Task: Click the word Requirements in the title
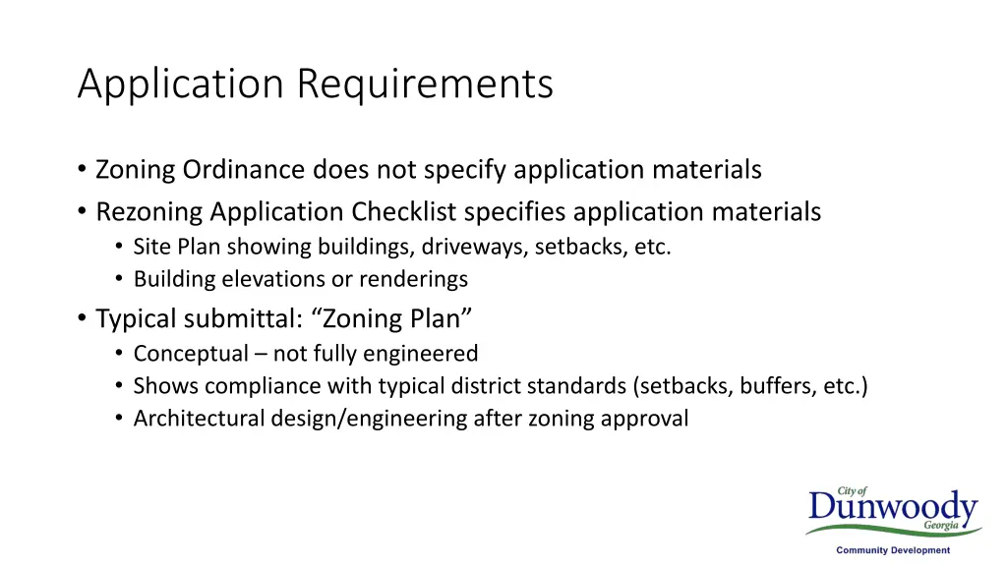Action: [x=425, y=85]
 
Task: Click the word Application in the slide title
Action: [x=182, y=85]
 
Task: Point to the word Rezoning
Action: [x=148, y=211]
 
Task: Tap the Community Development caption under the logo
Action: [x=893, y=551]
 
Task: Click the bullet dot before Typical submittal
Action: [x=82, y=319]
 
